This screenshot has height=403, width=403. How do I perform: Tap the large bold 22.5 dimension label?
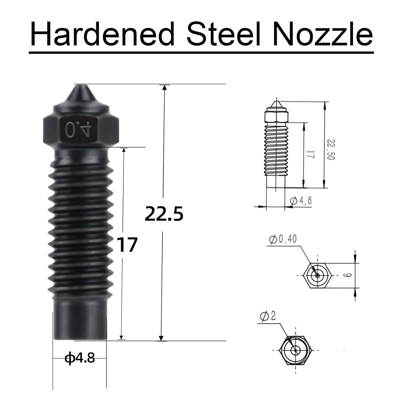tap(164, 214)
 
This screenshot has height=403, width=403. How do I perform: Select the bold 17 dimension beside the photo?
tap(128, 245)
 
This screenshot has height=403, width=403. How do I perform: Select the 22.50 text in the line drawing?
tap(331, 149)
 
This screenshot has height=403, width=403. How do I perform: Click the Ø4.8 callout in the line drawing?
tap(301, 200)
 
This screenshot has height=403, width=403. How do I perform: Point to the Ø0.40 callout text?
tap(283, 239)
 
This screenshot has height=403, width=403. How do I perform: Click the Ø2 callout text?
tap(268, 316)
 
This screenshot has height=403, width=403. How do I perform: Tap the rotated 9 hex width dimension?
tap(348, 275)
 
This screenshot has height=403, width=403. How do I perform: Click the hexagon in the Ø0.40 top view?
tap(318, 275)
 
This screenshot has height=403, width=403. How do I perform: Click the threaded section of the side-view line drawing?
tap(275, 150)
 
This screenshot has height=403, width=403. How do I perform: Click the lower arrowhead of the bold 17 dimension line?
tap(122, 337)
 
